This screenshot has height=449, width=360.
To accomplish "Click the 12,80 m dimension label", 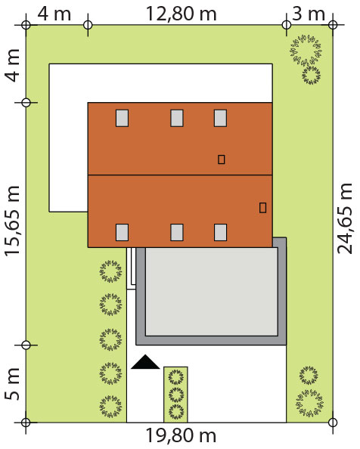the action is click(x=182, y=14).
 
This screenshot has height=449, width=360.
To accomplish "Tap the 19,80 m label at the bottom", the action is click(x=181, y=435).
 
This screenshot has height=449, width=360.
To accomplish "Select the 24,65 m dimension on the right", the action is click(x=344, y=218).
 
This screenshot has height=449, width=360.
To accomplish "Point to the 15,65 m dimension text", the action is click(x=12, y=221).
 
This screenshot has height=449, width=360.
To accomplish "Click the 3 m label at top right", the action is click(x=309, y=14).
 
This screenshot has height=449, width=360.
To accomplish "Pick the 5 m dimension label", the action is click(x=12, y=384).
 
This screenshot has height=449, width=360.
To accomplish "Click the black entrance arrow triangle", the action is click(x=145, y=362).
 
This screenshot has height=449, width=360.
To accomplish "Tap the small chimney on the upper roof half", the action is click(x=221, y=159).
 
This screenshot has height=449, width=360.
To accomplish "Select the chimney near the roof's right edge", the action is click(x=262, y=208).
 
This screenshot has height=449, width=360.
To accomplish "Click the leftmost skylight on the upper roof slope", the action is click(x=122, y=118).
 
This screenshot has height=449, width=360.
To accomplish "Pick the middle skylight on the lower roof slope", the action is click(x=177, y=232).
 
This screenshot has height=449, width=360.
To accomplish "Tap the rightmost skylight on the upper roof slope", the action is click(x=221, y=118).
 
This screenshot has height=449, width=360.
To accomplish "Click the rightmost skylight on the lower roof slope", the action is click(x=221, y=232).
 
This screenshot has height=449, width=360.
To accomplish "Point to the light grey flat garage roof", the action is click(x=212, y=292).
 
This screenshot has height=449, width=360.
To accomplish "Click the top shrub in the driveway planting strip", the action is click(x=176, y=377).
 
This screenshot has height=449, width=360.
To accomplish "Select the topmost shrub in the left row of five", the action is click(x=110, y=271).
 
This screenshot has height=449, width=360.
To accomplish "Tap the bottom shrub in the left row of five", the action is click(x=110, y=407).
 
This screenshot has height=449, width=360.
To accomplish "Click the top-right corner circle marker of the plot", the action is click(x=333, y=25).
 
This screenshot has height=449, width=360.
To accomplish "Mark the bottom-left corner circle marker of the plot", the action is click(x=26, y=423).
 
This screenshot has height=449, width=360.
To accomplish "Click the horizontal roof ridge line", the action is click(x=180, y=175).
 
